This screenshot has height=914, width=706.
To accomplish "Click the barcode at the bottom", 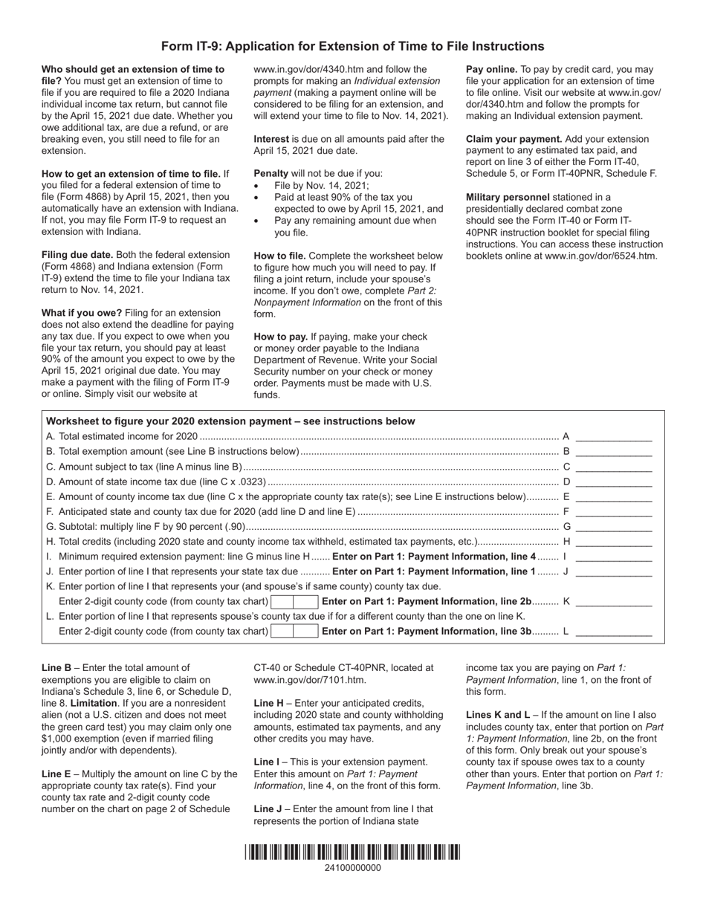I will coord(353,852).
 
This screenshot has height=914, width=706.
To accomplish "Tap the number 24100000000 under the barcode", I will coord(353,867).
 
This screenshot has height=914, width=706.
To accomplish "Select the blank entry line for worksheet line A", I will coord(613,438).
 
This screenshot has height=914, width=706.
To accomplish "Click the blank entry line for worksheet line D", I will coord(613,482).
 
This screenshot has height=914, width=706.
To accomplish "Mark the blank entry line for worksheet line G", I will coord(613,527).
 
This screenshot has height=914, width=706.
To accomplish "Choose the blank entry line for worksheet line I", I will coord(613,557).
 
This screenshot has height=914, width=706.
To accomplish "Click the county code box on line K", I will coord(294,601).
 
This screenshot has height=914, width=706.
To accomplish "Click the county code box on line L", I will coord(294,631).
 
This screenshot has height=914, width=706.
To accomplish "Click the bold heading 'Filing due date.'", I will coord(77,254).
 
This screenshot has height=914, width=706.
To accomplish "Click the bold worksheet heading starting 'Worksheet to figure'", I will coord(230,421).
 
